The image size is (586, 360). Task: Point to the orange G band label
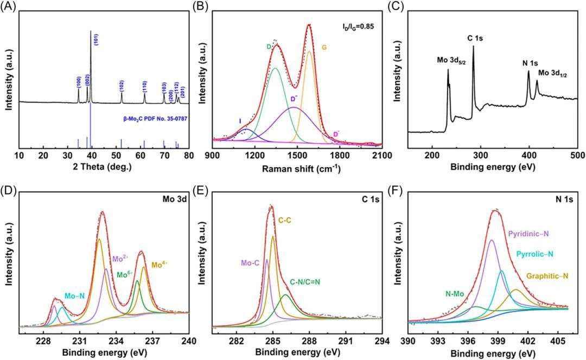pos(339,48)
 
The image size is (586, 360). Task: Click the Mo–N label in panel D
pos(74,296)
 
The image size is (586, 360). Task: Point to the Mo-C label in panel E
pos(251,263)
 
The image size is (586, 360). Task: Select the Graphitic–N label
pos(547,277)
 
